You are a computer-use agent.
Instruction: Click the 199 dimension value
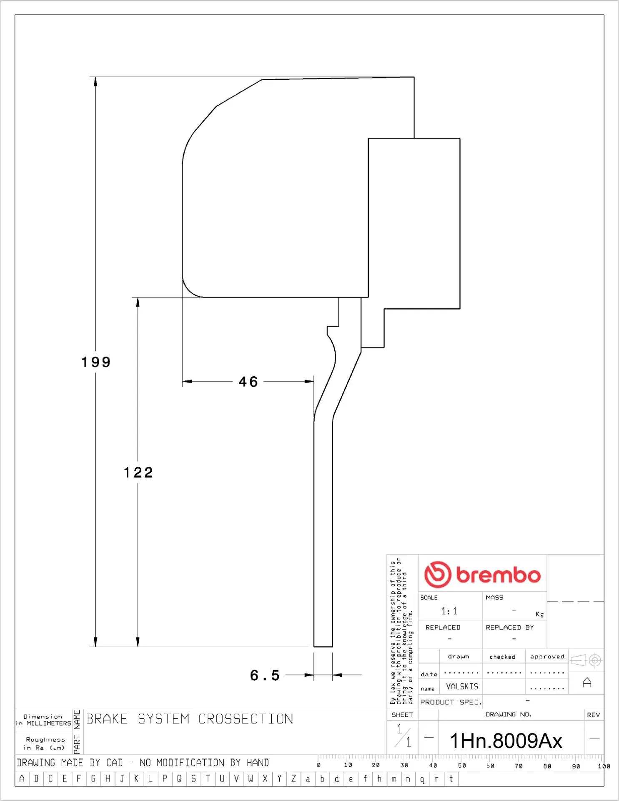coord(96,362)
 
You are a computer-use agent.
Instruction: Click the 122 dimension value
coord(138,473)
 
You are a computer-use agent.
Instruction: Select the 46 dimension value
coord(248,382)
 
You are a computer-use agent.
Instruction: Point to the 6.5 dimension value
coord(265,675)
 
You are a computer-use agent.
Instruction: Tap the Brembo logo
coord(482,574)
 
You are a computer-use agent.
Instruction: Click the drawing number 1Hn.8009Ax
coord(506,741)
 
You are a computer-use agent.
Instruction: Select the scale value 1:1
coord(449,611)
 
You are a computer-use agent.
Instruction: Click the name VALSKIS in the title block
coord(462,686)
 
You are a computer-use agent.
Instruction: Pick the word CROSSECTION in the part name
coord(246,719)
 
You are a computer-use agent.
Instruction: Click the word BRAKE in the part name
coord(107,719)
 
